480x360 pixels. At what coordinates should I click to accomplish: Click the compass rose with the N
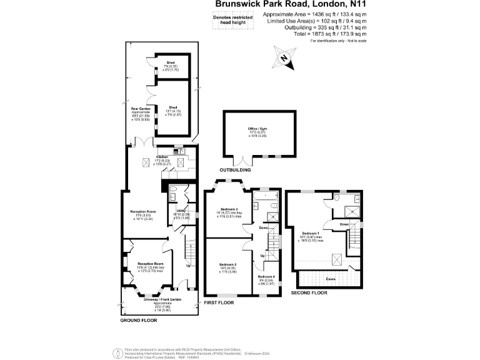tap(284, 58)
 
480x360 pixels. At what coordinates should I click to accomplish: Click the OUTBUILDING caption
tap(236, 170)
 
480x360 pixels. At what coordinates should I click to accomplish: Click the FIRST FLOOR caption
tap(219, 302)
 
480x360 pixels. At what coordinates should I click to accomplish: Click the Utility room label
tap(181, 211)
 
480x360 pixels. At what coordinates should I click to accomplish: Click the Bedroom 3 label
tap(229, 209)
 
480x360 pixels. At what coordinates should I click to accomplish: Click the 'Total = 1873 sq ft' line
tap(324, 34)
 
